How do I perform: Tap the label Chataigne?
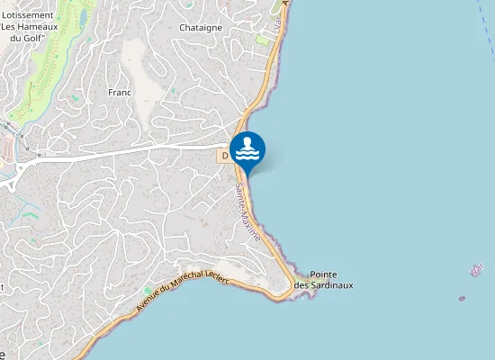coord(201,28)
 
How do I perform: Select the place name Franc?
coord(120,93)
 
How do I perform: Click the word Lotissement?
coord(27,14)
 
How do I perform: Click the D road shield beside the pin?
coord(224,156)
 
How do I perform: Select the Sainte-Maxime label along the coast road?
coord(248,212)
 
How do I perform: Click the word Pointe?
coord(323,274)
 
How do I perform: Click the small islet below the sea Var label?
coord(462,298)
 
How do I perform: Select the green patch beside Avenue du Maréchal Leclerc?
coord(148,291)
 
